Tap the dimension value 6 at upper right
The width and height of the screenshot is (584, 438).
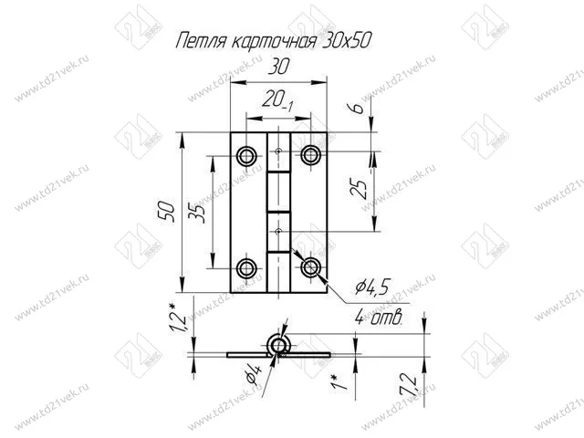tap(360, 109)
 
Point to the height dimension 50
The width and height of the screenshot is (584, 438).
tap(167, 212)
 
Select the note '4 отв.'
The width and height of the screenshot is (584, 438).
tap(379, 318)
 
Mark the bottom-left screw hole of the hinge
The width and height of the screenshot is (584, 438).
tap(245, 267)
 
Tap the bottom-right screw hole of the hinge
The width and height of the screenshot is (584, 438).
tap(310, 267)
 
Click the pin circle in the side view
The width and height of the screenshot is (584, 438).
tap(277, 345)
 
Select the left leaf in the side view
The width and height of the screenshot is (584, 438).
tap(244, 352)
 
